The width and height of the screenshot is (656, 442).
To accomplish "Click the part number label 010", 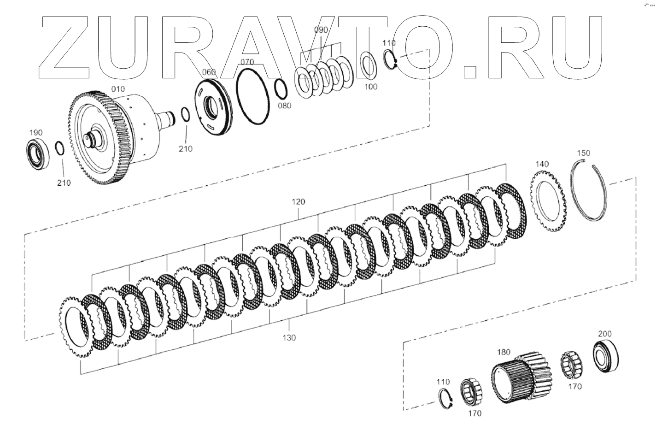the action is click(118, 89).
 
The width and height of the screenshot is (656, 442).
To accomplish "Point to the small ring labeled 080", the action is click(281, 89).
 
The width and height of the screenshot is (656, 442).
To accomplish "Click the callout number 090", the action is click(321, 30).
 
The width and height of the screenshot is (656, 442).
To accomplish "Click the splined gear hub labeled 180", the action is click(521, 378).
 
